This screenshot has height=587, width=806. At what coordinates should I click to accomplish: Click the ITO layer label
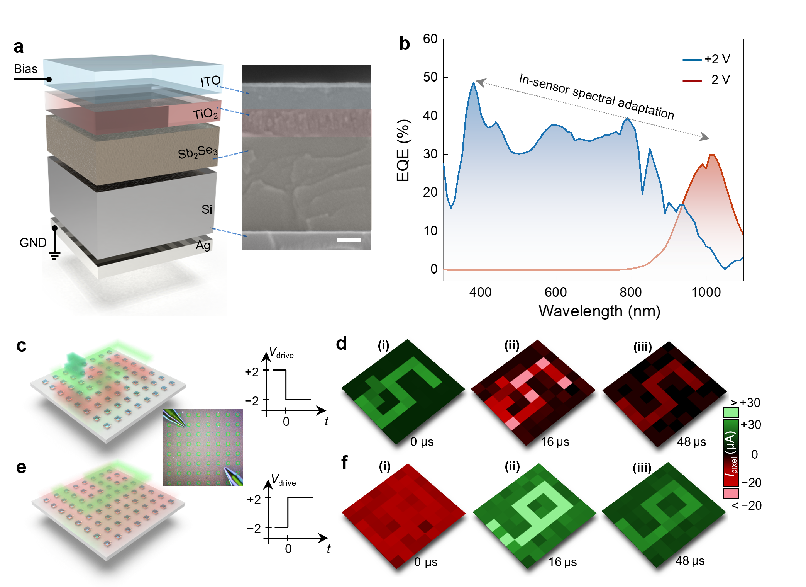210,81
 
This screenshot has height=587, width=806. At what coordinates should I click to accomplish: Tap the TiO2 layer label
206,114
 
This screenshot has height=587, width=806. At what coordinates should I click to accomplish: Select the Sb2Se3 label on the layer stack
198,152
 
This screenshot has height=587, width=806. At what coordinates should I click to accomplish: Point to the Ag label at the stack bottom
203,245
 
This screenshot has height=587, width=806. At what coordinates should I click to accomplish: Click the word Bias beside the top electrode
25,69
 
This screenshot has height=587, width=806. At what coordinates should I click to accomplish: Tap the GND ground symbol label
33,243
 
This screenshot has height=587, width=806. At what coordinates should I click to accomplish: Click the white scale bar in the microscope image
348,240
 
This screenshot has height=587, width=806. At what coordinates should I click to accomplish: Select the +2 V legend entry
706,59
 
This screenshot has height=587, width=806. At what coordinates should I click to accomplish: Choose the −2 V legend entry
706,80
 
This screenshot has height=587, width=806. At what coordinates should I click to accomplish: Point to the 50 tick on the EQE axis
430,77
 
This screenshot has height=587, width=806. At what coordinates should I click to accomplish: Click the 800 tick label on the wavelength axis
631,292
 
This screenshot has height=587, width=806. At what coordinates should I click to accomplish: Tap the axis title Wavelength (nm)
599,311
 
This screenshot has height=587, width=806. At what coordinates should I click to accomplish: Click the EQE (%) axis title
403,150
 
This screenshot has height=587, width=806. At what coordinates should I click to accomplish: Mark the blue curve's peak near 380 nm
474,83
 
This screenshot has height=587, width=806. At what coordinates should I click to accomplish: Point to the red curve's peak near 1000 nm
711,155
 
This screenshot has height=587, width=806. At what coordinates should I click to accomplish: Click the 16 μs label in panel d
555,442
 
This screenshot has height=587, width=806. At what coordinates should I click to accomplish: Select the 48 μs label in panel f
690,561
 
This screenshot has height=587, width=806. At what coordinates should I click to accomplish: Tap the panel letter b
404,44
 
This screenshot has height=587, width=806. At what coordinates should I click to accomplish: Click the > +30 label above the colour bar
745,403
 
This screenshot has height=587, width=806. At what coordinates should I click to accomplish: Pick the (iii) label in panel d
643,347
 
